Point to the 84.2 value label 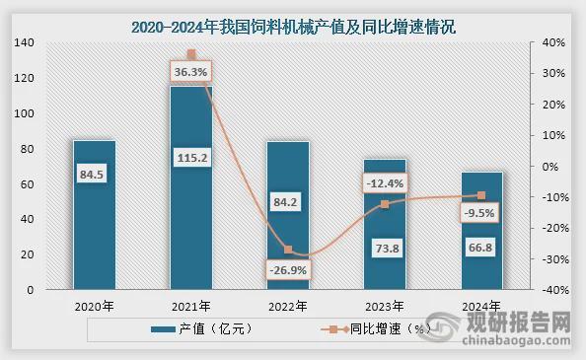click(288, 205)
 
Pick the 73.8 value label click(384, 249)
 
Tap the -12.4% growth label click(383, 183)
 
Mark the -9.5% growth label click(480, 212)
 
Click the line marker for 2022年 click(288, 250)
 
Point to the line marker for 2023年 click(385, 204)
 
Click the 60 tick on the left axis click(27, 184)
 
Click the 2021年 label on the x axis click(191, 306)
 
